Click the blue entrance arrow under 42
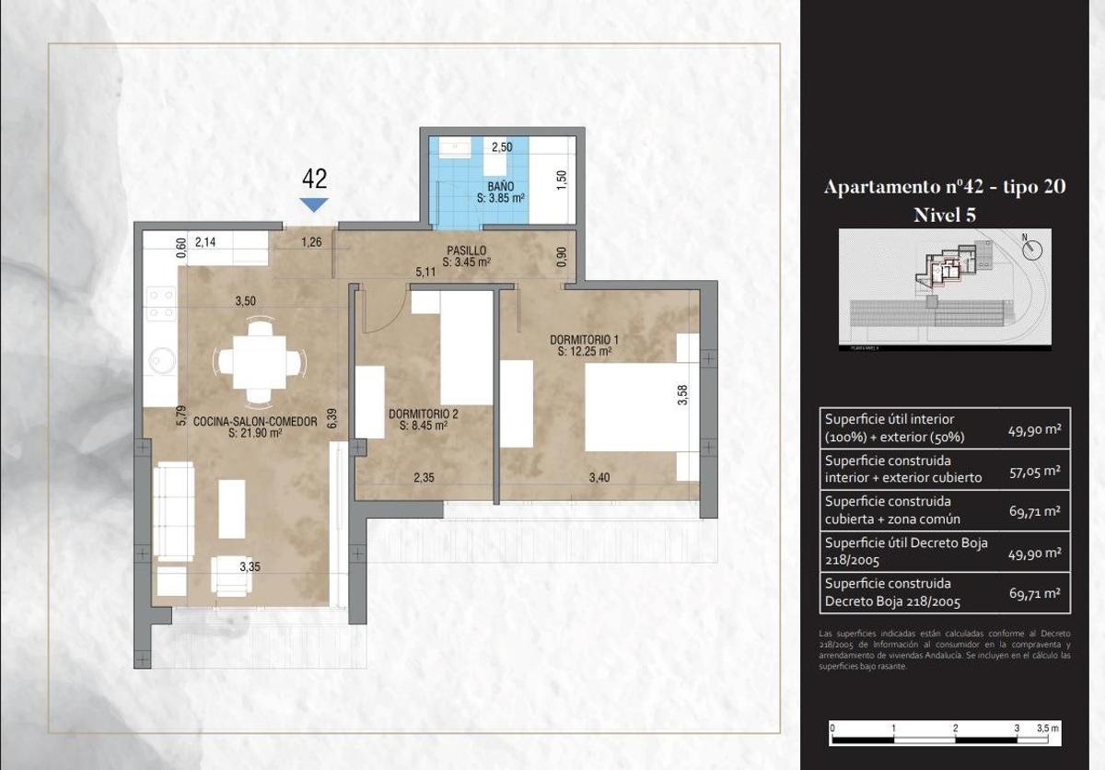point(314,204)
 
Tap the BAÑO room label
point(500,192)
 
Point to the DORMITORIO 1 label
point(584,344)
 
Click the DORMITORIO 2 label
point(423,420)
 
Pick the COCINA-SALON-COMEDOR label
point(254,426)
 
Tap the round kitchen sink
point(163,359)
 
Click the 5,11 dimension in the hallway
point(425,272)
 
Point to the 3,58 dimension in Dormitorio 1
point(681,395)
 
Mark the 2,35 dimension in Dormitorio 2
point(424,477)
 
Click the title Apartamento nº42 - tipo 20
point(944,187)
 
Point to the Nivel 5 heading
point(944,215)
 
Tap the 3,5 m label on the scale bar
point(1048,728)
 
